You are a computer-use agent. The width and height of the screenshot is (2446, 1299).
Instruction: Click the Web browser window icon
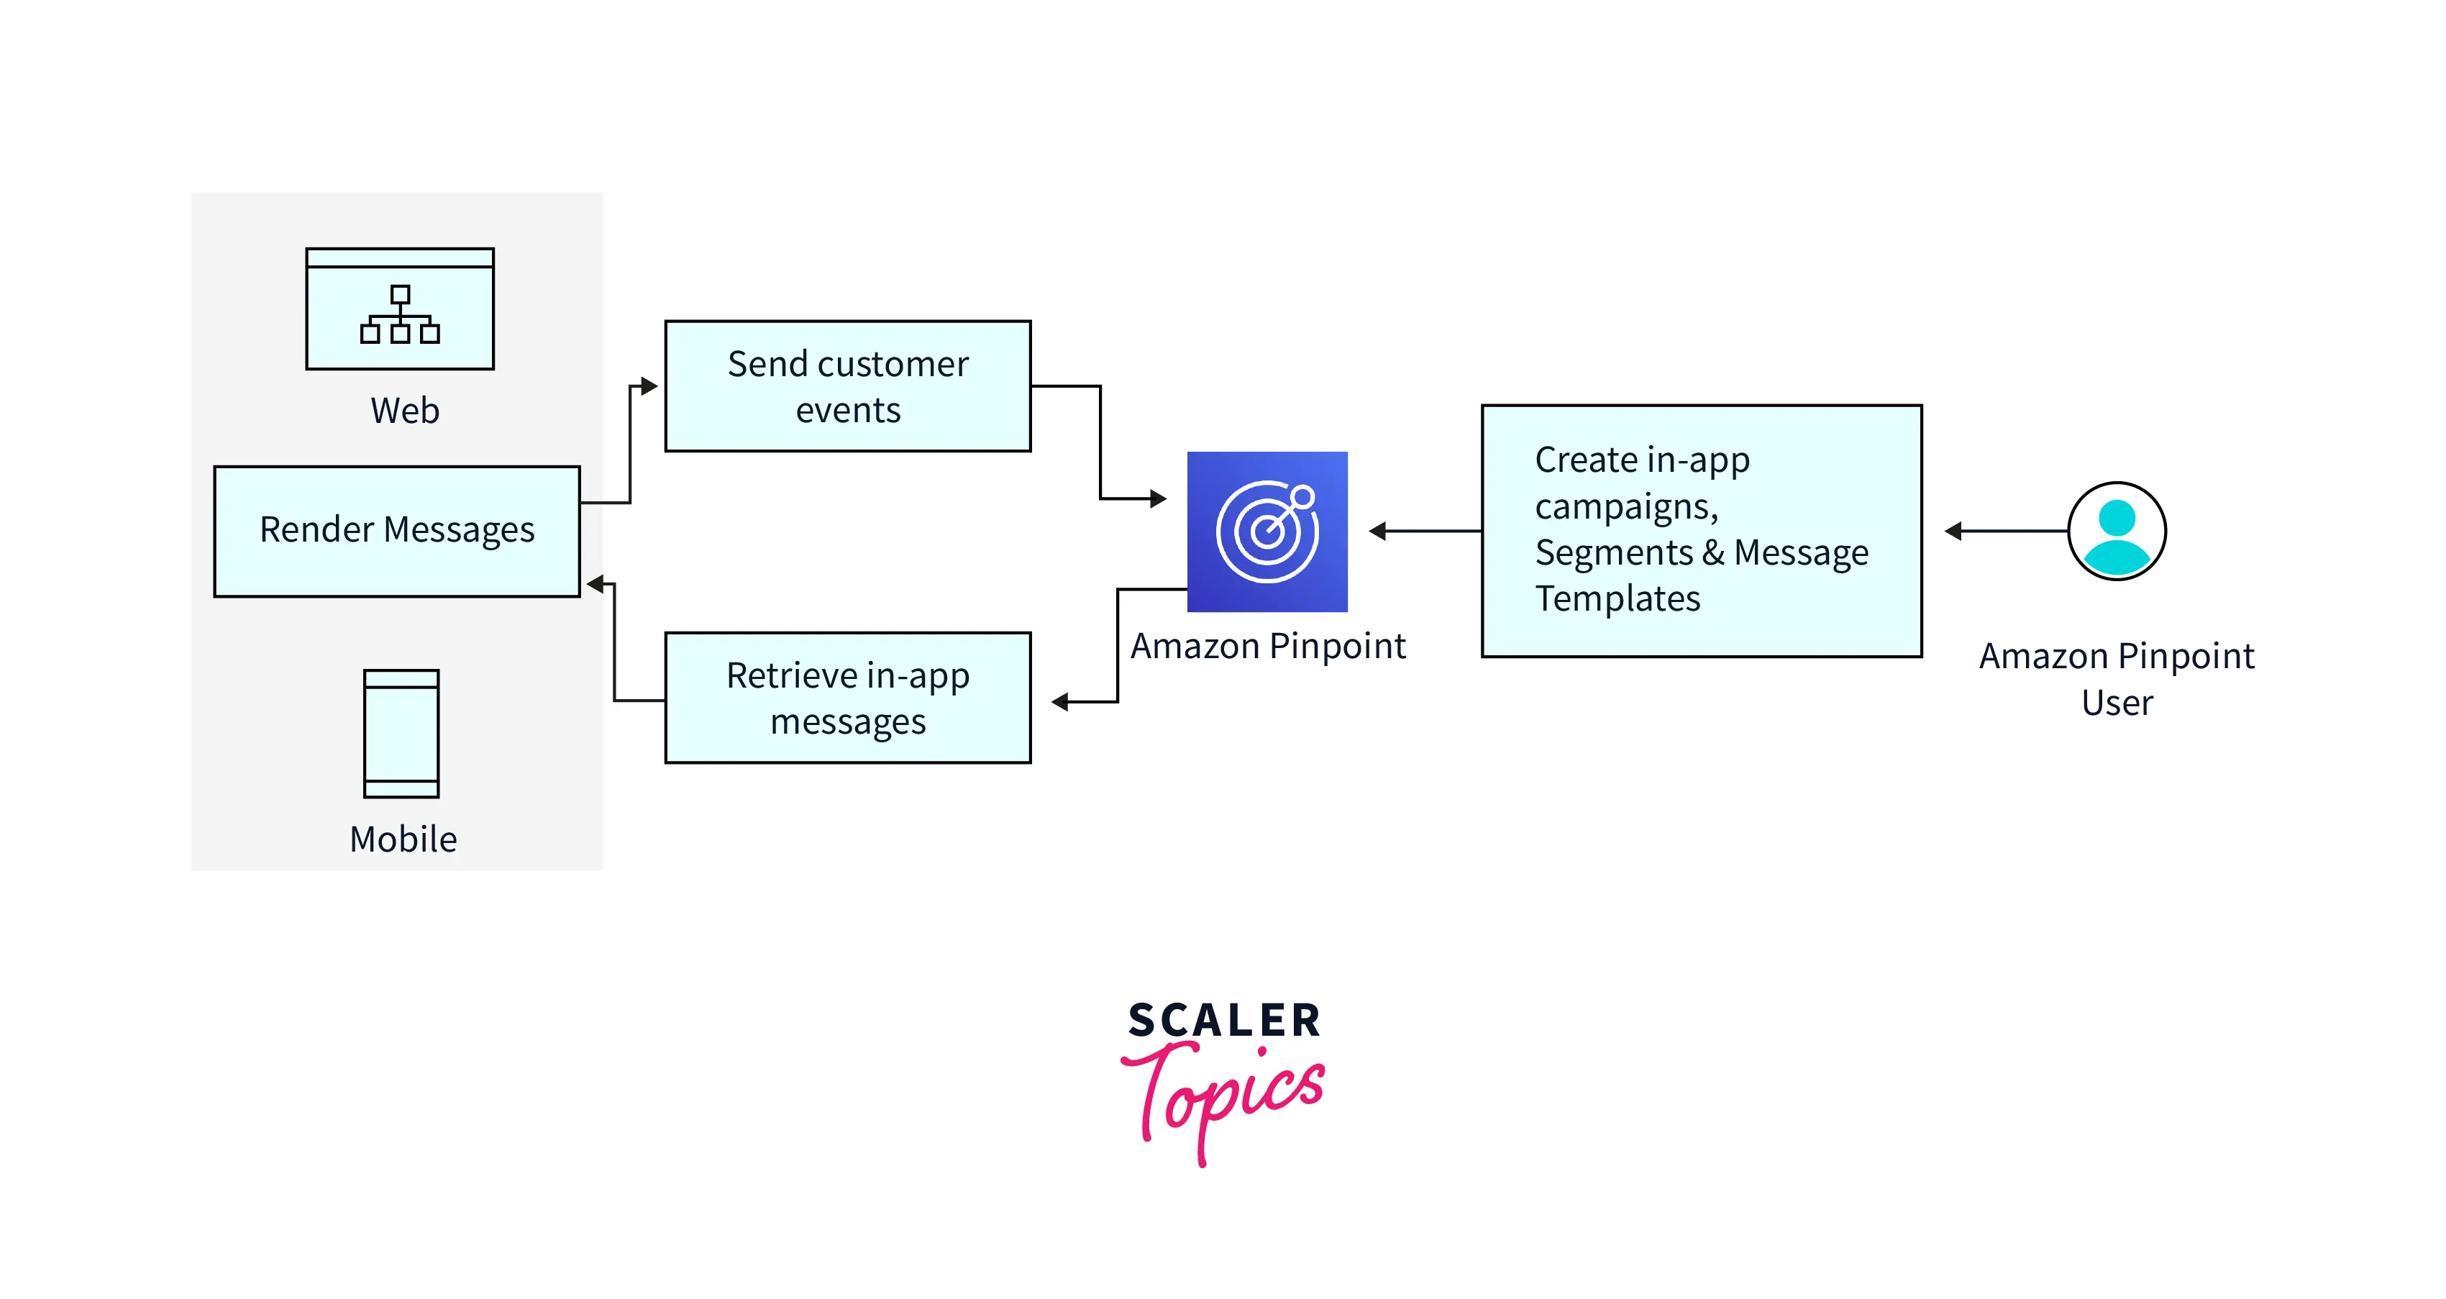(400, 309)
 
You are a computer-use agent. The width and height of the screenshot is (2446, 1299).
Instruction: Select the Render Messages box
(397, 531)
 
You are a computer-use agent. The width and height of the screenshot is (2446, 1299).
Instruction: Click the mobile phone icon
(401, 733)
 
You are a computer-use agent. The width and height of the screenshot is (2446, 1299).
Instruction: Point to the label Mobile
(403, 839)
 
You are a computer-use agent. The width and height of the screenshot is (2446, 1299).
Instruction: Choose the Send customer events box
(848, 386)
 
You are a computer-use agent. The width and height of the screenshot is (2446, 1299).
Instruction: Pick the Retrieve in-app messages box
(848, 698)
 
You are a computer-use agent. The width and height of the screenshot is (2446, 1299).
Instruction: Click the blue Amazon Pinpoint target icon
(1267, 532)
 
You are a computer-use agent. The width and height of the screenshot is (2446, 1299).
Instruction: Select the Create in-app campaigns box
(1702, 531)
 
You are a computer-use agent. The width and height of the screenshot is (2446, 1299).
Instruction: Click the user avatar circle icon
(2117, 531)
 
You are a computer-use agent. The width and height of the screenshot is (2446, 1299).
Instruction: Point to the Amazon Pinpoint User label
(2117, 679)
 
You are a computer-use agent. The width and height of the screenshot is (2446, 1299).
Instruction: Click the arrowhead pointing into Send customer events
(649, 386)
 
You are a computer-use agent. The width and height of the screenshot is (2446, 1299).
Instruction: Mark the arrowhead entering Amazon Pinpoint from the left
(1159, 498)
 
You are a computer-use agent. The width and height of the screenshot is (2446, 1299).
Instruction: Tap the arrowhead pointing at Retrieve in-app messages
(1059, 702)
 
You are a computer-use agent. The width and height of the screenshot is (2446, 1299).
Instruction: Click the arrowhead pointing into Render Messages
(596, 584)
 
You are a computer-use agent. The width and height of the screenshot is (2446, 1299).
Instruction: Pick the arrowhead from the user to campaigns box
(1953, 531)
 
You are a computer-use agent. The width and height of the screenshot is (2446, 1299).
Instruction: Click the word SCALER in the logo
(1224, 1021)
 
